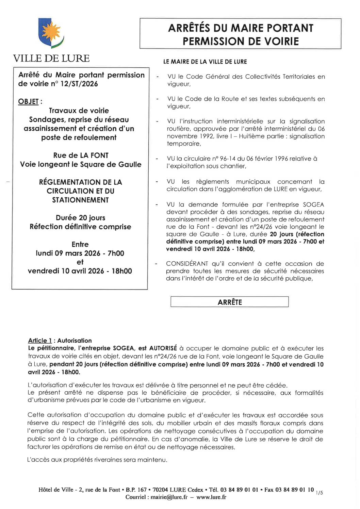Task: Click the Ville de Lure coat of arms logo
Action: click(x=51, y=33)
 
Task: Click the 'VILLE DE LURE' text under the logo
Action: click(x=51, y=59)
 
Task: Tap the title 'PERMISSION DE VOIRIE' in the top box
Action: click(x=241, y=42)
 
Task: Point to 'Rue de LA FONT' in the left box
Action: click(x=81, y=155)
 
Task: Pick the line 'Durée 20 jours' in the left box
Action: click(x=81, y=218)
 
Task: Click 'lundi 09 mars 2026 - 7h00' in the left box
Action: click(x=80, y=253)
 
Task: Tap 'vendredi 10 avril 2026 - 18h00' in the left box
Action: click(x=80, y=271)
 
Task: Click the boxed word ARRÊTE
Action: click(x=230, y=302)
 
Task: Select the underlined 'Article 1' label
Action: click(x=40, y=341)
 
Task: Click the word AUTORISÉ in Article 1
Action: click(x=163, y=348)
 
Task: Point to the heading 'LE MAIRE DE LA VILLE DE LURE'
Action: click(x=205, y=62)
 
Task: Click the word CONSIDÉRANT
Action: click(x=187, y=264)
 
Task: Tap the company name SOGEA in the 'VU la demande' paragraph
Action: click(x=313, y=204)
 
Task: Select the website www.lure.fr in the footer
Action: click(x=211, y=497)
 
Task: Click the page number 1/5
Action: click(x=319, y=492)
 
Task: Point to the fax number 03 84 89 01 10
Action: click(x=295, y=490)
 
